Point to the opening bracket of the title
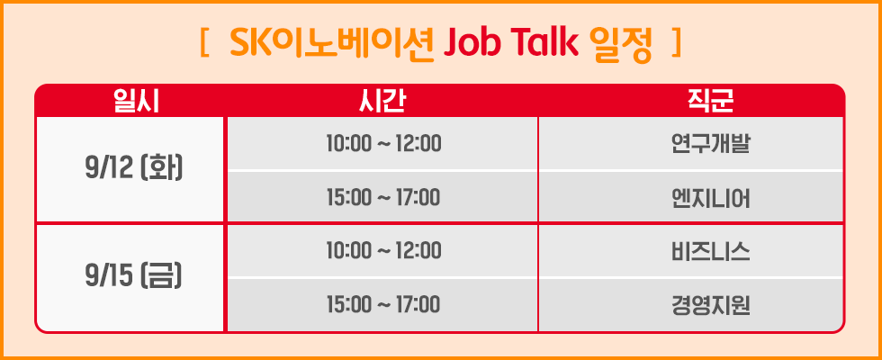(206, 42)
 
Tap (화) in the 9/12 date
(161, 168)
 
